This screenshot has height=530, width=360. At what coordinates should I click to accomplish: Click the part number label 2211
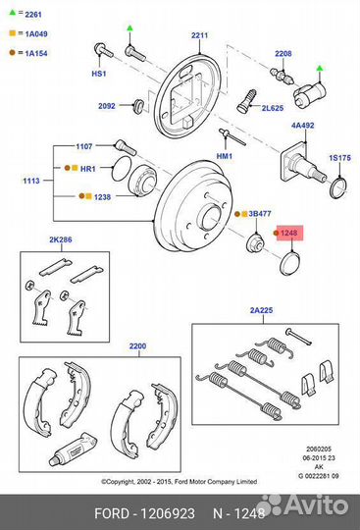click(x=200, y=35)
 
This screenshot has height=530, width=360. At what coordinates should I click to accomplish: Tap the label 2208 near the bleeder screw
click(x=283, y=53)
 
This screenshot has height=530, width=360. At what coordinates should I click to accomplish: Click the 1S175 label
click(x=339, y=157)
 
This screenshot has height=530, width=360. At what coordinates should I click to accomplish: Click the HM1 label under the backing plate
click(x=225, y=156)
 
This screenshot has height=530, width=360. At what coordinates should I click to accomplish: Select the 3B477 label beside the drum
click(x=260, y=212)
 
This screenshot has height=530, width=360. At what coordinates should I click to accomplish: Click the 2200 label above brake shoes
click(x=137, y=346)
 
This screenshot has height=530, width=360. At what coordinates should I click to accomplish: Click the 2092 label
click(x=107, y=105)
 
